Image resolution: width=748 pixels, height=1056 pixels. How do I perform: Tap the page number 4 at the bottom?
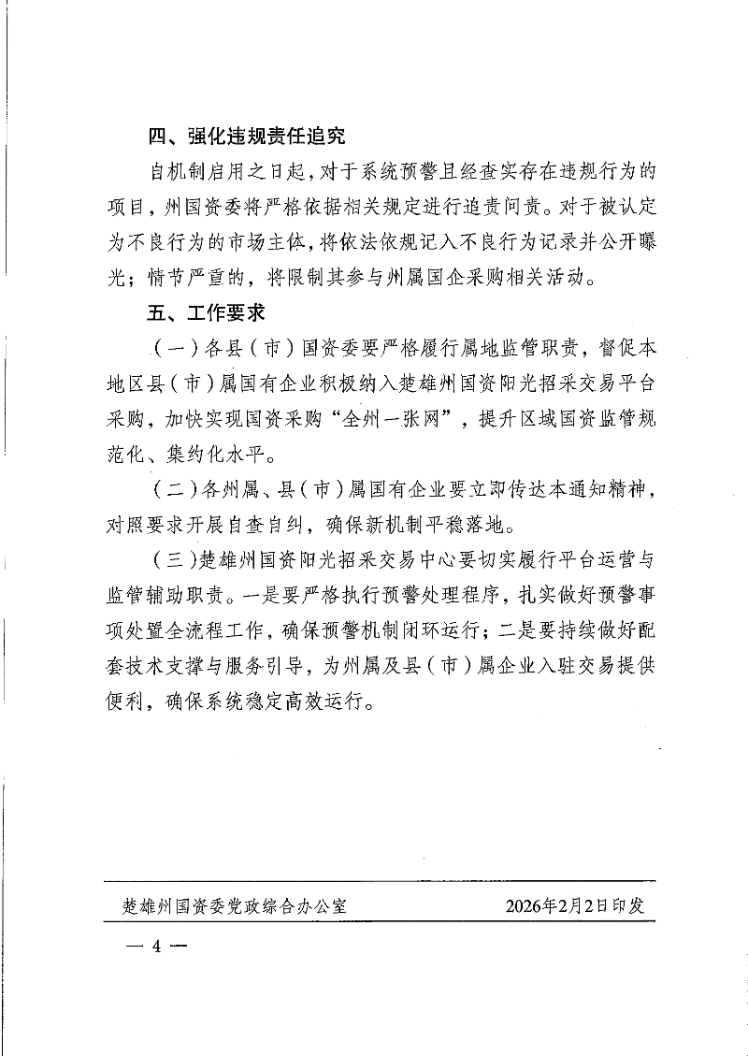click(x=156, y=945)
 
